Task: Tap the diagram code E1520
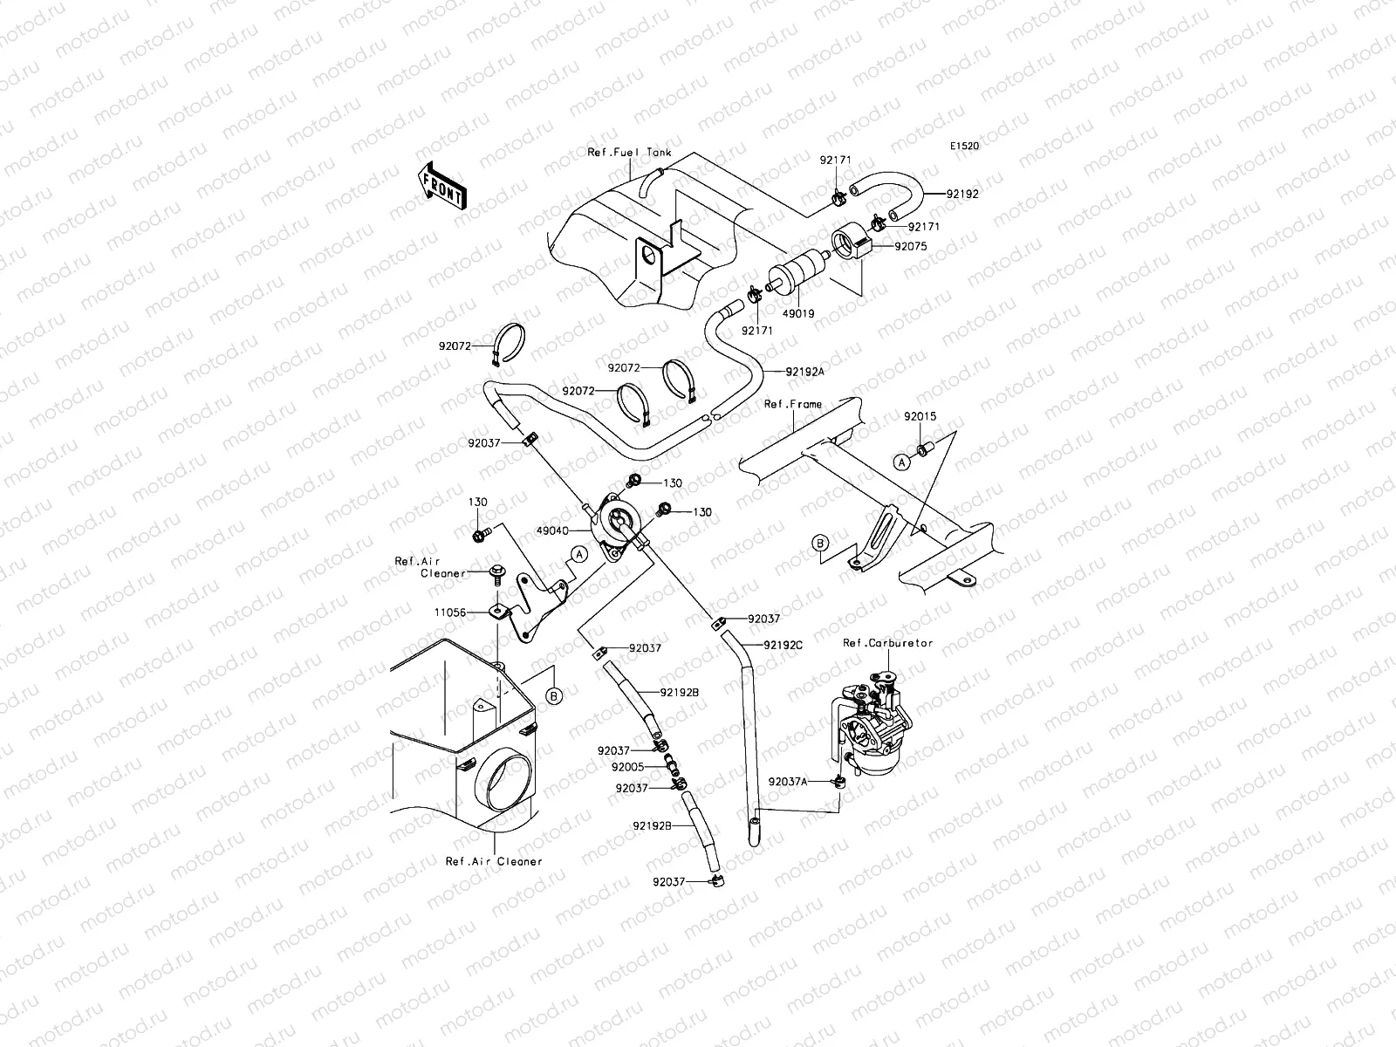[x=964, y=147]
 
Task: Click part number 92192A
[x=805, y=371]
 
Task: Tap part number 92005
[x=627, y=767]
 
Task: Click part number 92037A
[x=788, y=782]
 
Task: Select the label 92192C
[x=783, y=645]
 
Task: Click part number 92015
[x=920, y=417]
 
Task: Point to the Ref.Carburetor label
[x=887, y=643]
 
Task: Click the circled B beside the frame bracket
[x=819, y=543]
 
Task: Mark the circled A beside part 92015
[x=902, y=462]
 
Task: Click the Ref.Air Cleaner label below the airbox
[x=494, y=861]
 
